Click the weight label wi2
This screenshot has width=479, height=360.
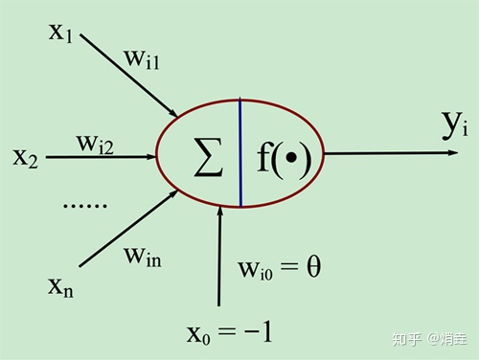96,145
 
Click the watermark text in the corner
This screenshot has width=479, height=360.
431,338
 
